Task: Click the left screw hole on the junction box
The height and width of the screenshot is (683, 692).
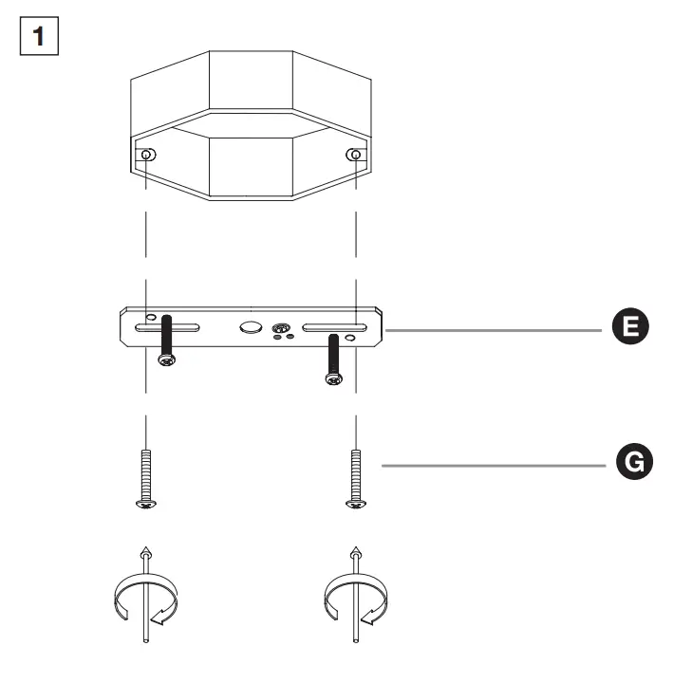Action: point(147,156)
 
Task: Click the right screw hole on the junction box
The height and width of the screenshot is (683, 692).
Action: point(355,156)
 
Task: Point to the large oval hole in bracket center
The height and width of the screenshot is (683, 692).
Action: point(251,328)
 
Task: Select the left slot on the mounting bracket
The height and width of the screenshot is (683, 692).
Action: point(167,328)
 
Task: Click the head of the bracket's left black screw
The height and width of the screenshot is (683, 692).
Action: point(168,360)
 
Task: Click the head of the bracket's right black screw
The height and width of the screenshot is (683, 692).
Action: point(333,378)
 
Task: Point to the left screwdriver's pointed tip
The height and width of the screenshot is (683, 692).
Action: point(144,551)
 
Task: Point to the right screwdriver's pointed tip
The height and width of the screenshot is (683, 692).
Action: point(355,551)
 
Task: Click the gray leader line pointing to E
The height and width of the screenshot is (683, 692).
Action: point(494,330)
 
